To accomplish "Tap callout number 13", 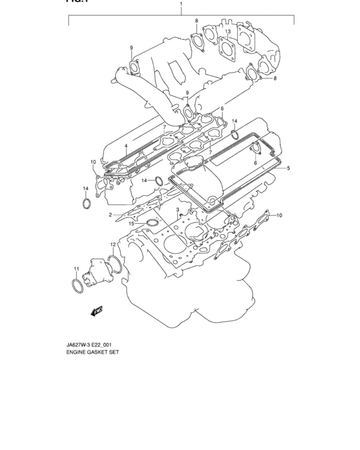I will [x=228, y=31].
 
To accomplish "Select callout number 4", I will [x=126, y=147].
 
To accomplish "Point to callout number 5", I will [x=289, y=168].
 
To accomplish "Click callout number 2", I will [x=110, y=215].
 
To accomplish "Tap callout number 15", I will [x=132, y=224].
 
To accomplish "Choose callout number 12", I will [x=113, y=244].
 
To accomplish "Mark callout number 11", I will [x=75, y=269].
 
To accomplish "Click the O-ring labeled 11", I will [x=76, y=285].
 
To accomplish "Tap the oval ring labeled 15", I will [x=152, y=224].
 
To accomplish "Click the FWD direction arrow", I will [x=98, y=312].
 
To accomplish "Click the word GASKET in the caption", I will [x=97, y=354].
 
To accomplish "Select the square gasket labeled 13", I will [x=225, y=46].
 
